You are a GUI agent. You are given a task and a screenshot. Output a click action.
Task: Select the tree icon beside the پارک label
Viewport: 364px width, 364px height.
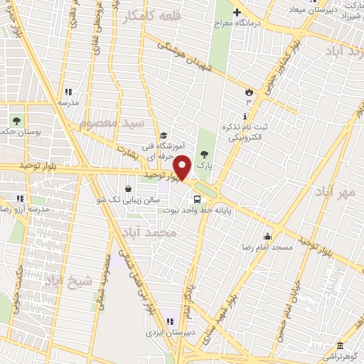coord(205,153)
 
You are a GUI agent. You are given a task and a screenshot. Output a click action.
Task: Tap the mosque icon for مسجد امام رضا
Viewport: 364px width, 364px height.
coord(268,237)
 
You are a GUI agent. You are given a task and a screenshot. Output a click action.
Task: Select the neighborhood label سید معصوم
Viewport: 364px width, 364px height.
coord(112,123)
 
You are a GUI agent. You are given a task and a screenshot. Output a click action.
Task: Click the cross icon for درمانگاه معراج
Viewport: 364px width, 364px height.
coord(237,11)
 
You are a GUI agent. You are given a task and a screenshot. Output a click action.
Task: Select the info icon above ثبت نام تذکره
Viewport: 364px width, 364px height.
coord(245,116)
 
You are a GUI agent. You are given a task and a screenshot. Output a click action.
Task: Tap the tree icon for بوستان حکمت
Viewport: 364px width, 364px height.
coord(16,120)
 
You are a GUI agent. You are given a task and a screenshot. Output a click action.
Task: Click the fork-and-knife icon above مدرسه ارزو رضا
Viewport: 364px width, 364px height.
coord(21,198)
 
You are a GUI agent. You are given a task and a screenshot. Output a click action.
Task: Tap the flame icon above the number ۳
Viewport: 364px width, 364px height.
coord(249,92)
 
